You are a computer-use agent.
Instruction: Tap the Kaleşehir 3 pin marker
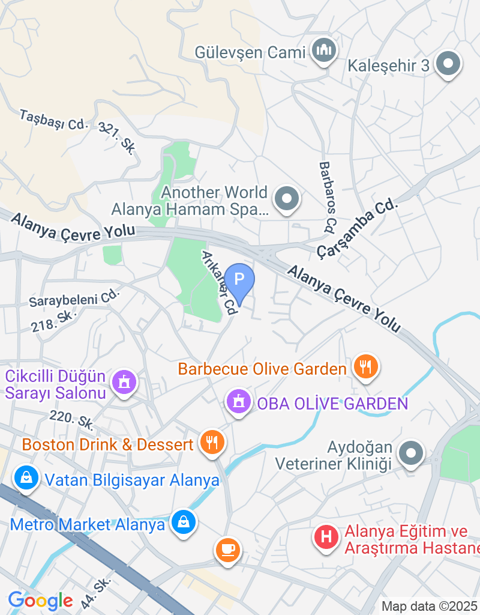click(447, 64)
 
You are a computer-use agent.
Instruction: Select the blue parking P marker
click(239, 279)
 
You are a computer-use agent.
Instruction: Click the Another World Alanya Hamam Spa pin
click(287, 198)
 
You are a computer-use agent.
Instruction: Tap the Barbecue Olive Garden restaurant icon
click(365, 366)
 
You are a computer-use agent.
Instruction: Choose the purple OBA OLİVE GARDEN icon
click(239, 402)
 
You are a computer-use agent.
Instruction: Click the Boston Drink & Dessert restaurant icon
click(211, 443)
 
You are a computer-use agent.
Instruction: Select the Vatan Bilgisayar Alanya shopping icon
click(26, 478)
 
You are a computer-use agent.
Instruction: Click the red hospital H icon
click(326, 536)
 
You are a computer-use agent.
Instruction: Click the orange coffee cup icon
click(227, 549)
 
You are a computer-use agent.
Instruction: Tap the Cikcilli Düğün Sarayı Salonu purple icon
click(125, 381)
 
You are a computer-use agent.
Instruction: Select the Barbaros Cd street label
click(327, 197)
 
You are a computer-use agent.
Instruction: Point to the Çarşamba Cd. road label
click(358, 227)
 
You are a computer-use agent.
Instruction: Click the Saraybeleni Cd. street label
click(75, 298)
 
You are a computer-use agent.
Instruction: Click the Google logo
click(40, 600)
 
